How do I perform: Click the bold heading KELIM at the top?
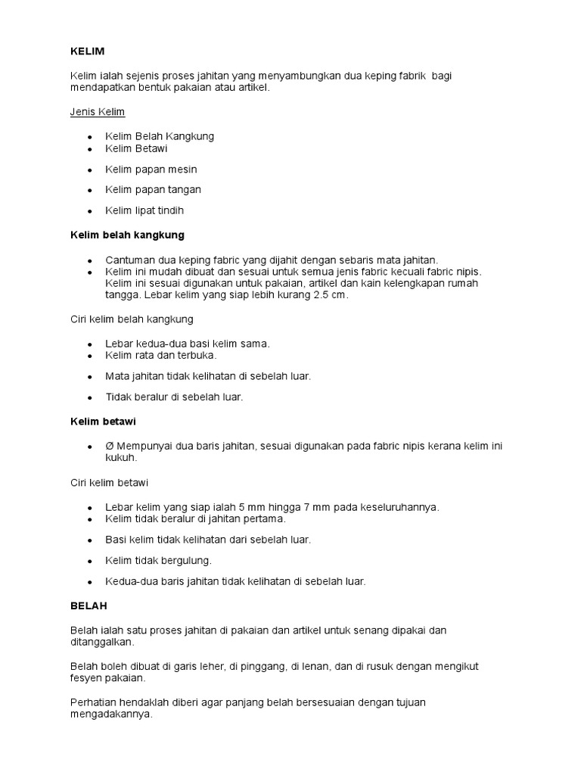(87, 51)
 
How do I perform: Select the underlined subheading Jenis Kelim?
(98, 112)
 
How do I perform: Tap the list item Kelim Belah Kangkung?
(160, 136)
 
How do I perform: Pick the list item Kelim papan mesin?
(151, 169)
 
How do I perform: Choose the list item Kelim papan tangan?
(154, 189)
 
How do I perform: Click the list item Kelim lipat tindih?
(144, 210)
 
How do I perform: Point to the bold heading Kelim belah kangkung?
(127, 235)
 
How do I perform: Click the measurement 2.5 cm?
(330, 295)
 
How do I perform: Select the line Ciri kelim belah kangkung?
(132, 319)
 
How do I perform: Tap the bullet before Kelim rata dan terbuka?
(89, 355)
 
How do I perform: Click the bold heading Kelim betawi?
(103, 421)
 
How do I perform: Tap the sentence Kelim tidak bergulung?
(159, 560)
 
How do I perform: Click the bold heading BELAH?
(89, 606)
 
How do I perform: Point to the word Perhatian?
(92, 702)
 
